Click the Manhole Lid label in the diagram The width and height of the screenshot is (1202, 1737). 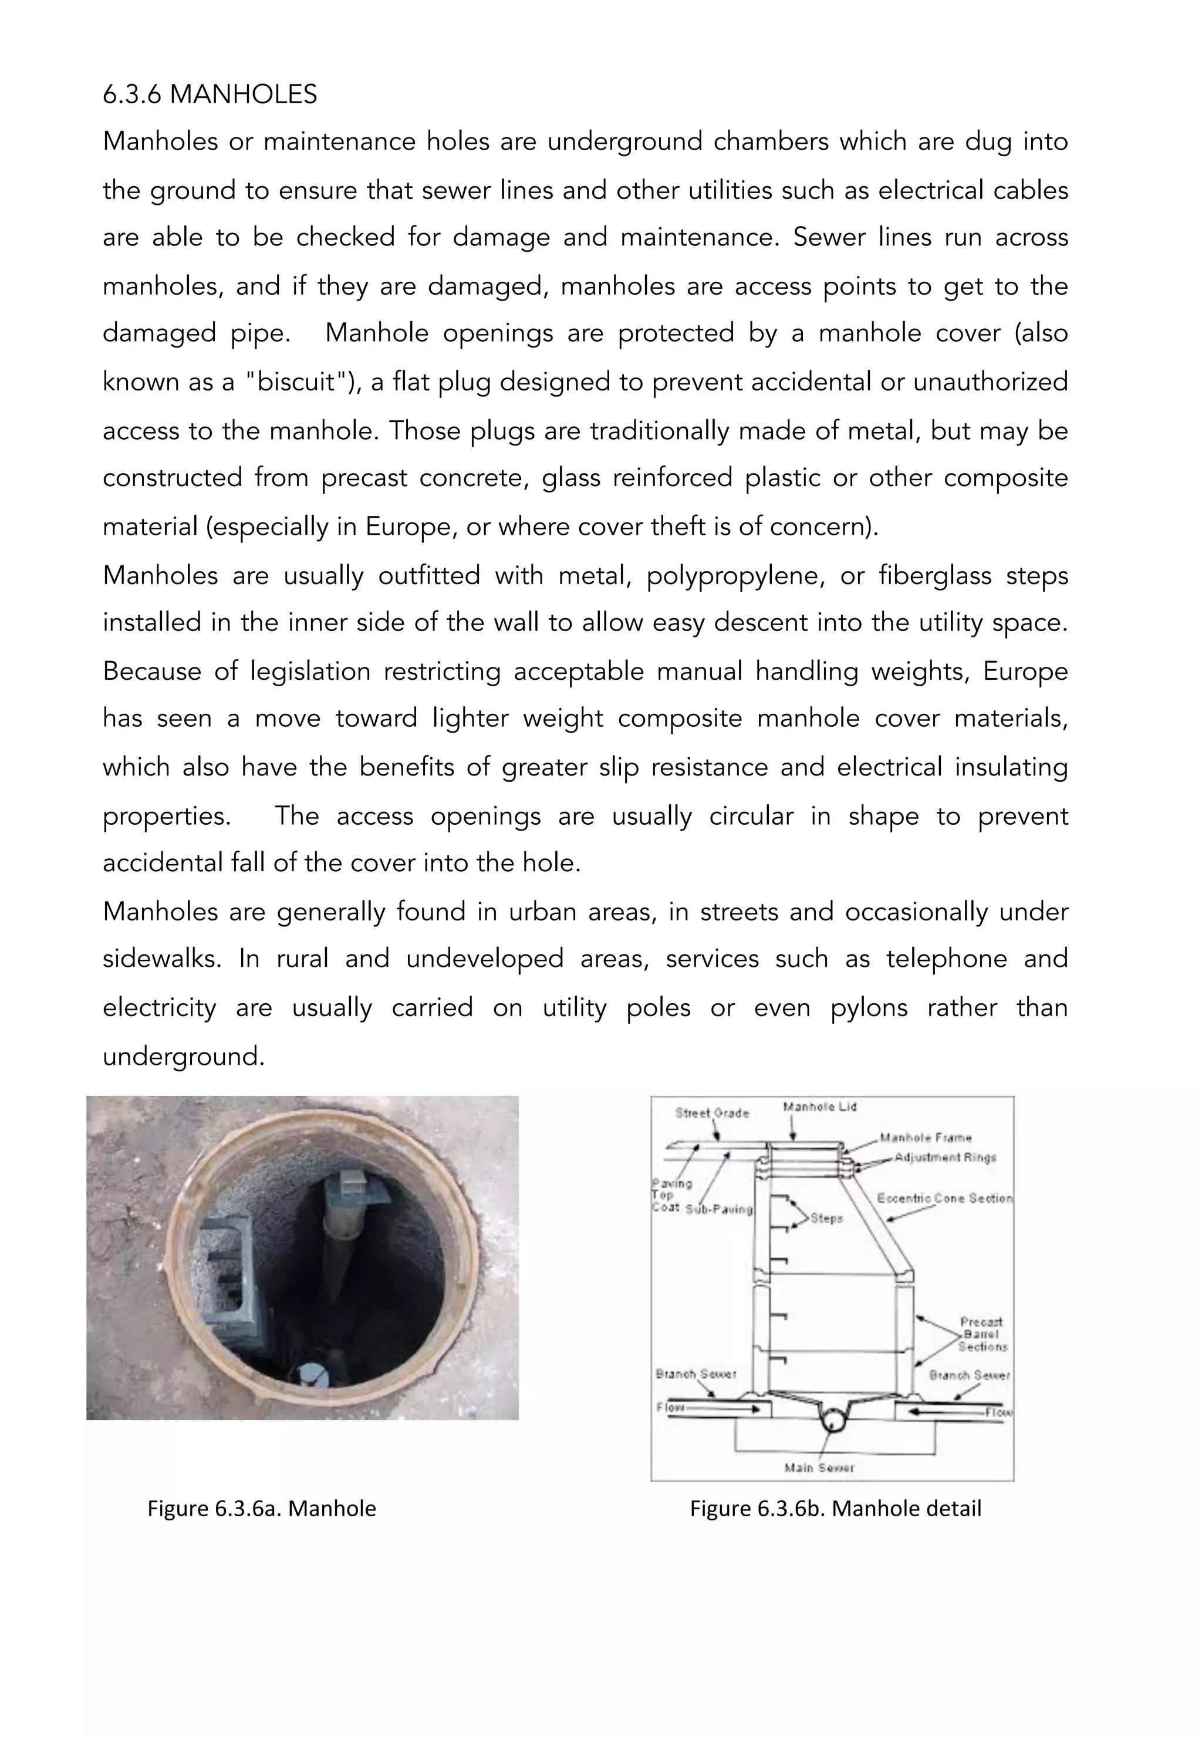[819, 1107]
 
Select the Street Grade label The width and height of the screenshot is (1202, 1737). [712, 1112]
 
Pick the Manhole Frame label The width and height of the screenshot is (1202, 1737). [926, 1138]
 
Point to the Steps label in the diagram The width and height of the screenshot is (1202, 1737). [826, 1218]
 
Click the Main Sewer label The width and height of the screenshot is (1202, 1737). [819, 1468]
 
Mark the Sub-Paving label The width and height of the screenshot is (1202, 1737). [719, 1209]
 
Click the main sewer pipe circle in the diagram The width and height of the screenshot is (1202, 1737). [832, 1420]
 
